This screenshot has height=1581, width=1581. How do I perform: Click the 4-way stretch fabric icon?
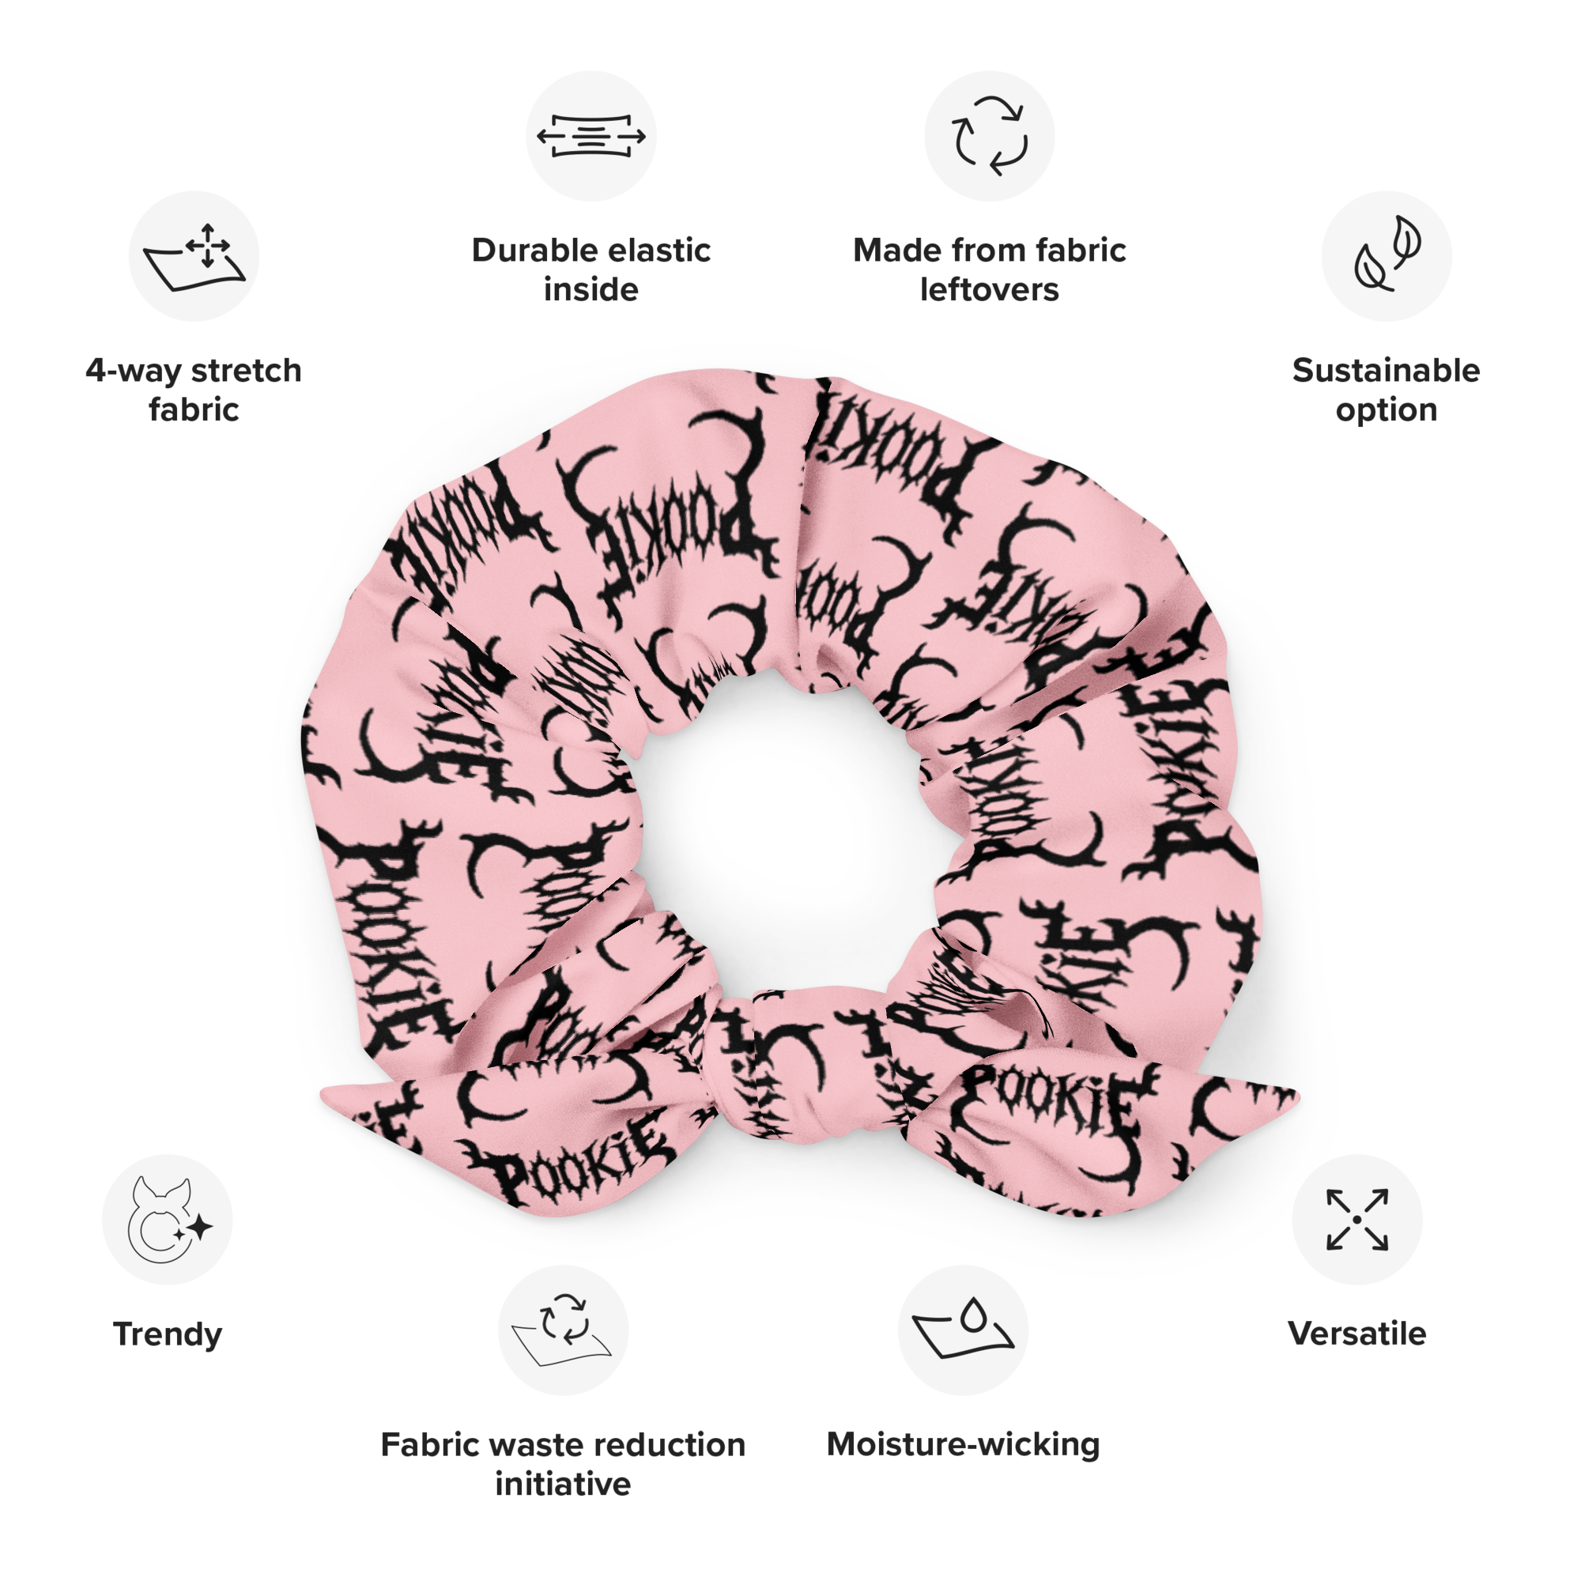click(194, 256)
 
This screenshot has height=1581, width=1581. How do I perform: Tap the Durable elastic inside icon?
click(591, 136)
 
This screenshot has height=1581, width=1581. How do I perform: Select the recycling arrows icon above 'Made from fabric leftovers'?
click(990, 136)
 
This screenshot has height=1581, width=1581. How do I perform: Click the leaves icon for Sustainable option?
click(1387, 256)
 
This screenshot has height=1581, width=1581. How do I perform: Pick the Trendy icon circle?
click(168, 1219)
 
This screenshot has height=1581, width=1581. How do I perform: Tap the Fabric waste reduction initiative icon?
click(563, 1330)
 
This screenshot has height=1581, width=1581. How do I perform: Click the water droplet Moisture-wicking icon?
click(962, 1330)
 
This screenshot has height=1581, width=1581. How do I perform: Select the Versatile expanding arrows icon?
click(1356, 1219)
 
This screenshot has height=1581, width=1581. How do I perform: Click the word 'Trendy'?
click(168, 1334)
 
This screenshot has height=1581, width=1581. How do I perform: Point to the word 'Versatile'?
click(1356, 1334)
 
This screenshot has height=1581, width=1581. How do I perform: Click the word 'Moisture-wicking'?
click(962, 1445)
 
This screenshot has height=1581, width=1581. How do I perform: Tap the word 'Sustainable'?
click(1387, 371)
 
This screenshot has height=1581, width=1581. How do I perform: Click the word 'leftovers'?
click(990, 289)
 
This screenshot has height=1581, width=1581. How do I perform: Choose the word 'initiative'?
click(563, 1485)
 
